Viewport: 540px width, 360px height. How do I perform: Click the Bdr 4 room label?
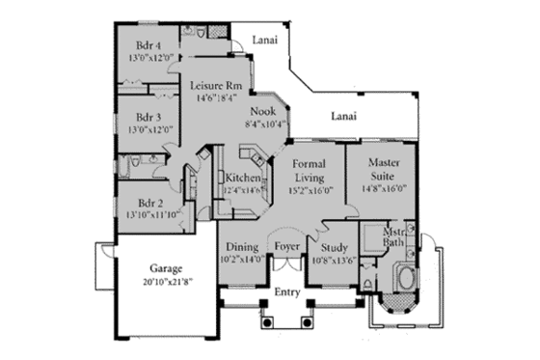point(147,44)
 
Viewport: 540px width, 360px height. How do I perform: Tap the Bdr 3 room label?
point(147,119)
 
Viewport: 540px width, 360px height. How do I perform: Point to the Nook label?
point(262,111)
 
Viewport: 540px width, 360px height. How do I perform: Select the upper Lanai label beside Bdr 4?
point(265,40)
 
